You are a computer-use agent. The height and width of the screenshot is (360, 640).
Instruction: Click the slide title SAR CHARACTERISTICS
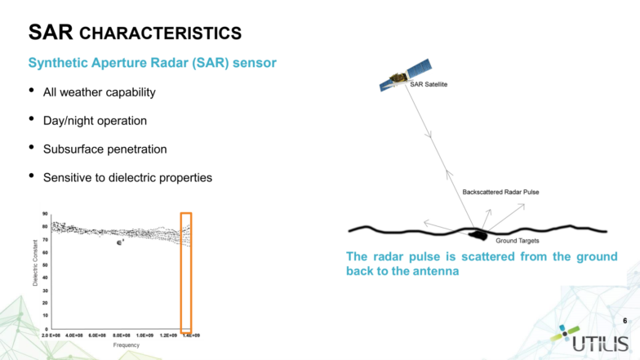pos(135,33)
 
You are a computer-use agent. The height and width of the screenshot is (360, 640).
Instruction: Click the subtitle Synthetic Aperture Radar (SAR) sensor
pos(152,63)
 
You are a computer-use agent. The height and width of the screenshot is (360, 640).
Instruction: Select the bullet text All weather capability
pos(99,92)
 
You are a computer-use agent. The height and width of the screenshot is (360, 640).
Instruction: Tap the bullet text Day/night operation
pos(95,121)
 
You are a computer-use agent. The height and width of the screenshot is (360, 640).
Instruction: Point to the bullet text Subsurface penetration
pos(104,149)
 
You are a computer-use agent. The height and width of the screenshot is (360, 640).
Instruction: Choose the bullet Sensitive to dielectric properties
pos(127,177)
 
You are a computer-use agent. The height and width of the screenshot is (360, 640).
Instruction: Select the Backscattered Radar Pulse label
pos(500,192)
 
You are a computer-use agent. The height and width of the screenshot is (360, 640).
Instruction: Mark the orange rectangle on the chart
pos(186,271)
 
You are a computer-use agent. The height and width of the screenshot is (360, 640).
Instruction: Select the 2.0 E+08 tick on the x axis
pos(52,336)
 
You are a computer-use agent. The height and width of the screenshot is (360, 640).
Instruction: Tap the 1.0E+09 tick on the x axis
pos(145,336)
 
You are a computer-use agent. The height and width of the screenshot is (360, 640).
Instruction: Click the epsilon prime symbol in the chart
pos(119,242)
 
